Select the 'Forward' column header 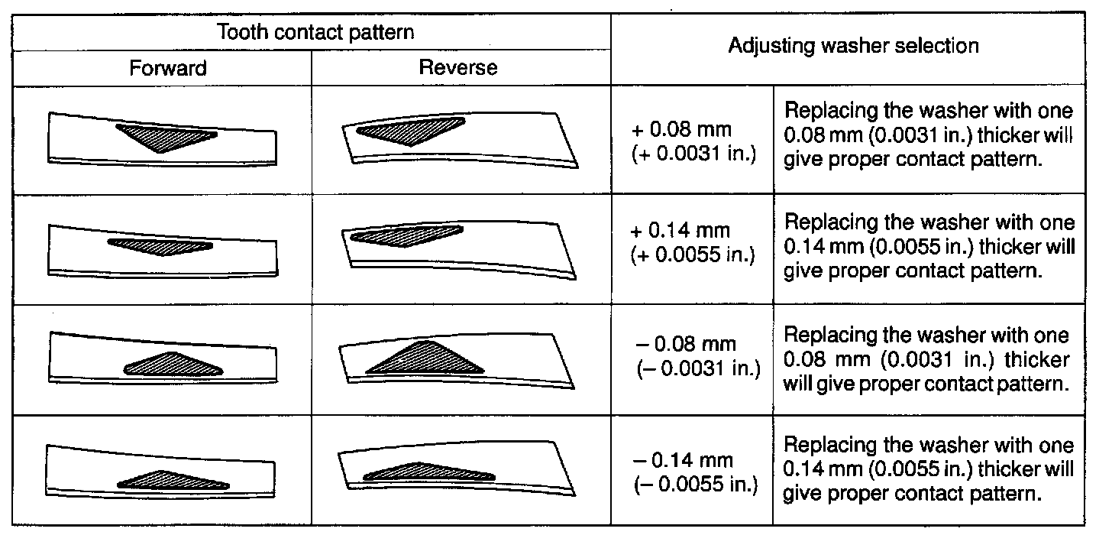click(168, 68)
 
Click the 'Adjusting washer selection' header click(853, 46)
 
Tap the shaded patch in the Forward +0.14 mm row click(160, 245)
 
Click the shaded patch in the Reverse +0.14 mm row click(403, 235)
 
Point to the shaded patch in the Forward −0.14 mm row click(172, 480)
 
